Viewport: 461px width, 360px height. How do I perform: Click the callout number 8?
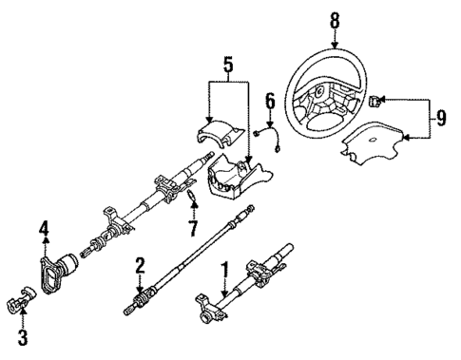coord(334,18)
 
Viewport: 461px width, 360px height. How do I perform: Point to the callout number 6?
coord(270,99)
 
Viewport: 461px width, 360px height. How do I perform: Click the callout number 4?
coord(44,228)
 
